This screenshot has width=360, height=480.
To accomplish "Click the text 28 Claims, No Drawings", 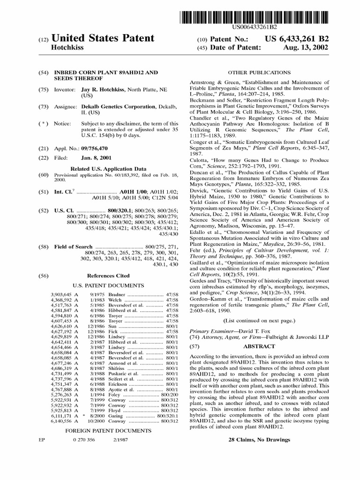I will tap(259, 440).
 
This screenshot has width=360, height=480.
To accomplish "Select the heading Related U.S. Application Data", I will tap(108, 168).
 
